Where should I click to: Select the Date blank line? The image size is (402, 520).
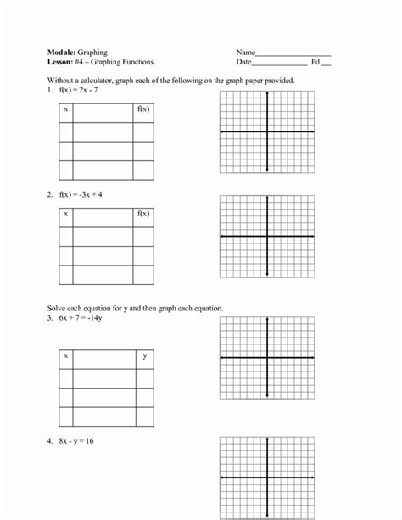(x=280, y=64)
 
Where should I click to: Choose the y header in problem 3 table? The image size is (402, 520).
(x=144, y=356)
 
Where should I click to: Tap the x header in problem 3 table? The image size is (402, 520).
(x=66, y=356)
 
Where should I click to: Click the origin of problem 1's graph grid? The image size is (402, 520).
(x=268, y=131)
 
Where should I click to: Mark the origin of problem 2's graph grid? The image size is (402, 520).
(x=268, y=236)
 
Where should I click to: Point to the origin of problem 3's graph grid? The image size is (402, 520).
(x=268, y=358)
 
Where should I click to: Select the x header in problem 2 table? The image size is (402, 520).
(x=66, y=215)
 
